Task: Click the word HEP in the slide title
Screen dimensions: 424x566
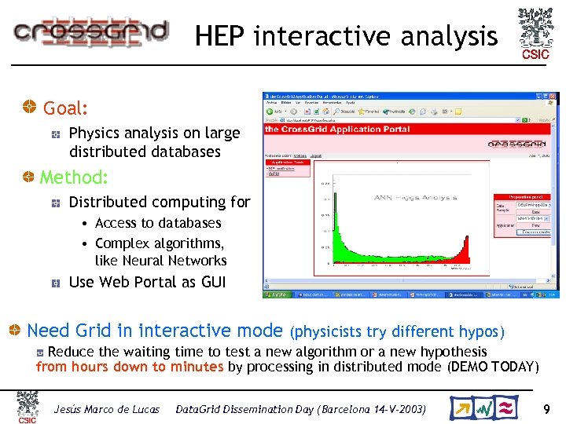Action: coord(221,36)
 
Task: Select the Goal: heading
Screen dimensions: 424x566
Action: coord(65,108)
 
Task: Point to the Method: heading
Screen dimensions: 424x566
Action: coord(74,177)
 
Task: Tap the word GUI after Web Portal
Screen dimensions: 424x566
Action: coord(210,282)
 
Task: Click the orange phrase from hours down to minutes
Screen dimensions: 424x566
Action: coord(130,367)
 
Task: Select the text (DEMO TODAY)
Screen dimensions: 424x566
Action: coord(493,367)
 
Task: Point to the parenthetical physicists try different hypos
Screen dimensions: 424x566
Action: coord(398,332)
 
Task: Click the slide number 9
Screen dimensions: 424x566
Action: coord(546,409)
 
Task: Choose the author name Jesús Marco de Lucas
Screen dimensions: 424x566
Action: coord(106,409)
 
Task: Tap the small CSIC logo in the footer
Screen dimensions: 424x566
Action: coord(28,408)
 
